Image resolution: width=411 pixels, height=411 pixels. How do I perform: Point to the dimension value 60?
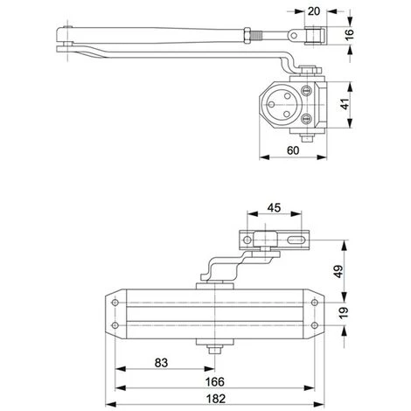coord(294,150)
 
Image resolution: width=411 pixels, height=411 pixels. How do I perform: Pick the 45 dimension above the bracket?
coord(275,209)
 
